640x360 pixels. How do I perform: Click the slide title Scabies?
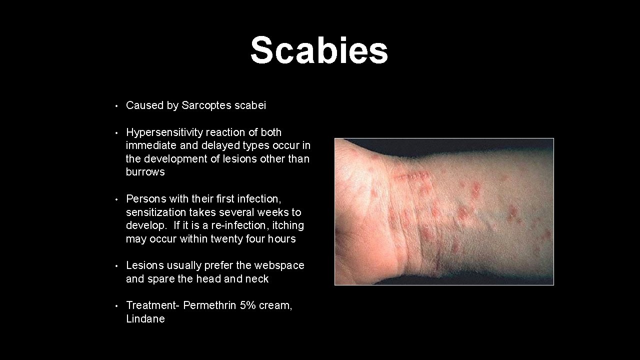coord(319,51)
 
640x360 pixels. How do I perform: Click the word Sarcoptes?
coord(206,105)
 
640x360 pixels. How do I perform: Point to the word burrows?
coord(145,172)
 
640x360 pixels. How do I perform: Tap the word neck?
coord(256,279)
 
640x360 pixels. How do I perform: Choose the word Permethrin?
coord(209,305)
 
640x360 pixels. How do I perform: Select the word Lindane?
coord(145,319)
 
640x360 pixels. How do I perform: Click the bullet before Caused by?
coord(115,106)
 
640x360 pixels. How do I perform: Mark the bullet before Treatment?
coord(115,306)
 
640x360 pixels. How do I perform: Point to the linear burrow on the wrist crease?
coord(412,176)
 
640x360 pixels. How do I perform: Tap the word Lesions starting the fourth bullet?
coord(143,265)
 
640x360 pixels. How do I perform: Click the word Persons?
coord(144,199)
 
